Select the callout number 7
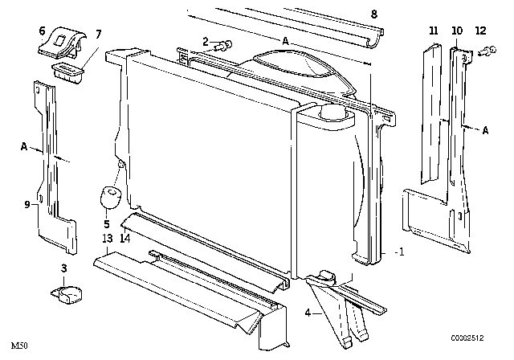99,34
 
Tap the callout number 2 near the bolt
206,42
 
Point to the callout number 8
373,14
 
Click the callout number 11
434,31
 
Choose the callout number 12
480,31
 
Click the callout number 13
107,239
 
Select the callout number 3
65,268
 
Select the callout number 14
124,239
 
